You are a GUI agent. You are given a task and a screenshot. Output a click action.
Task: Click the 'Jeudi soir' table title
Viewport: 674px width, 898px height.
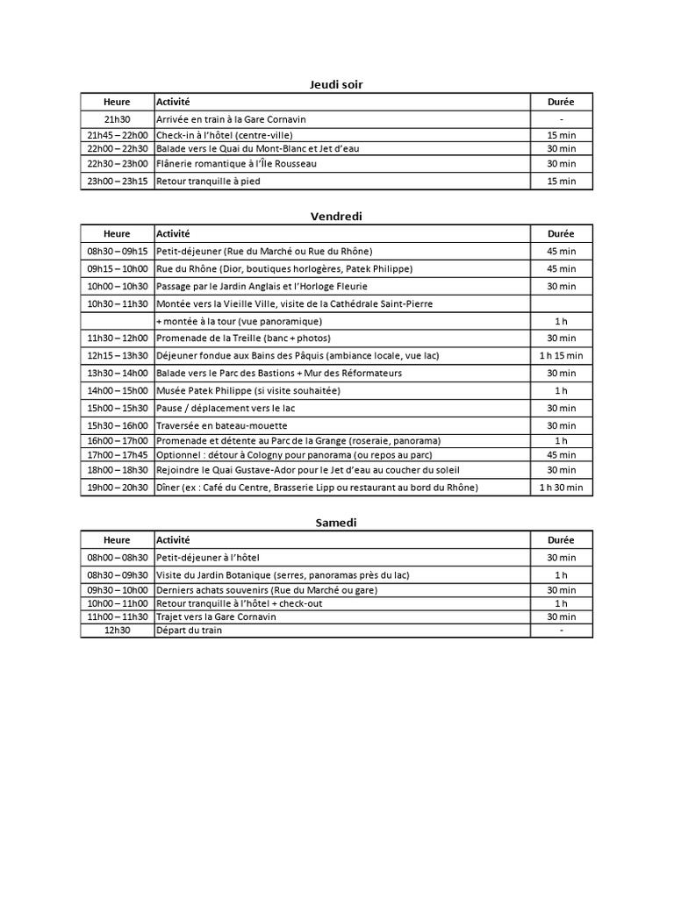point(336,84)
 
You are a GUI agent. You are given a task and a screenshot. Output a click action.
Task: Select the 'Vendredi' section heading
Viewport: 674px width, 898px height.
point(336,216)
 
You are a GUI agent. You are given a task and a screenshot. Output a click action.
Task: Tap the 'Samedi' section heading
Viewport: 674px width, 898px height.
point(336,523)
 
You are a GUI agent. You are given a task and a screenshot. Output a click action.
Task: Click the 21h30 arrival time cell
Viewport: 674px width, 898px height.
point(117,119)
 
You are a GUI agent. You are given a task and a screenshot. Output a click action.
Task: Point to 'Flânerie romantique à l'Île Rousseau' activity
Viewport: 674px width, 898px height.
point(236,164)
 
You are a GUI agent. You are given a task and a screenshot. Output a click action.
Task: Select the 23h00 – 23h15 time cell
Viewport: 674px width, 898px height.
point(117,182)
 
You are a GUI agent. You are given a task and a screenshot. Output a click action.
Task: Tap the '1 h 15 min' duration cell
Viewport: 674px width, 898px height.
point(561,355)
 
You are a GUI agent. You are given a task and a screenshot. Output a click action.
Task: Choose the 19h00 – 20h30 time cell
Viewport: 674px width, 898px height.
point(117,488)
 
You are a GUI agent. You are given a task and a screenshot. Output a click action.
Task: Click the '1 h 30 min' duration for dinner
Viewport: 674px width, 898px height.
point(561,488)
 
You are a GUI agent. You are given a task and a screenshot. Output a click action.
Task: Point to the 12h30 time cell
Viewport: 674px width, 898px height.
point(117,630)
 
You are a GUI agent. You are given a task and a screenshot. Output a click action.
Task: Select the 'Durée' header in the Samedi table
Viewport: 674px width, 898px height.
point(561,540)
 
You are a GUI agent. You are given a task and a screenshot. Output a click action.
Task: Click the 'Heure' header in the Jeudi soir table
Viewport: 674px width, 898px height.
point(117,102)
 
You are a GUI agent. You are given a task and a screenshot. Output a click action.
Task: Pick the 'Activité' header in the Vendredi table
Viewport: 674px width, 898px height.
point(173,233)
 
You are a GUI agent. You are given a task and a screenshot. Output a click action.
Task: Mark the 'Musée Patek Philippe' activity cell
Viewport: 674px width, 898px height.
point(248,390)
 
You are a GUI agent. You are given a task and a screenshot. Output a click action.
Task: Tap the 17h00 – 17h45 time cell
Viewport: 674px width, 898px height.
point(117,455)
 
